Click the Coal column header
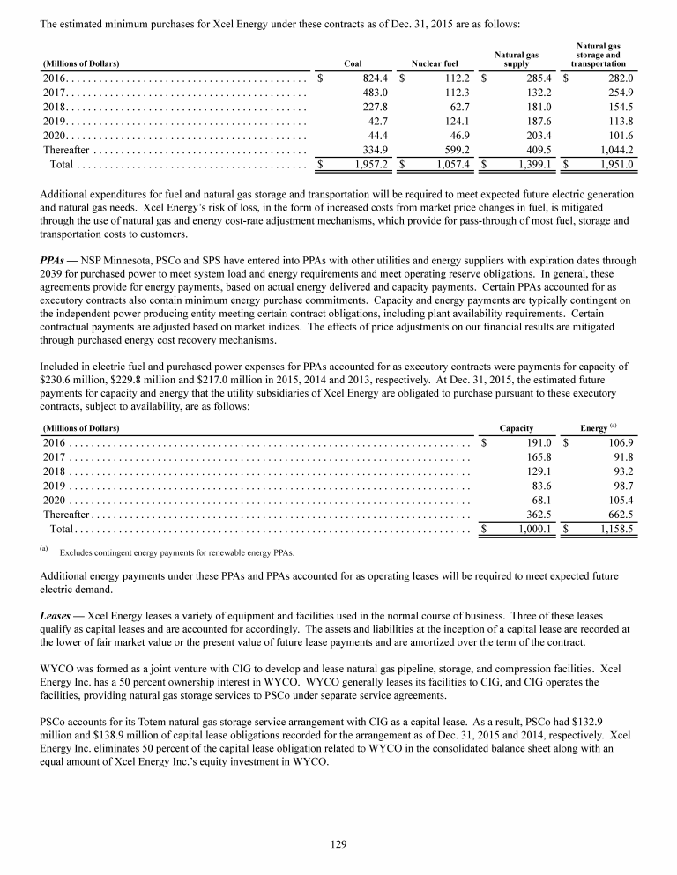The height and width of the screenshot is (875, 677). tap(352, 63)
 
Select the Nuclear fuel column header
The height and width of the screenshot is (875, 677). tap(435, 63)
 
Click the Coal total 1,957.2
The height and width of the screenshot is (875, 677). tap(373, 165)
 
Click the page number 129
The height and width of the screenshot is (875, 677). tap(338, 844)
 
